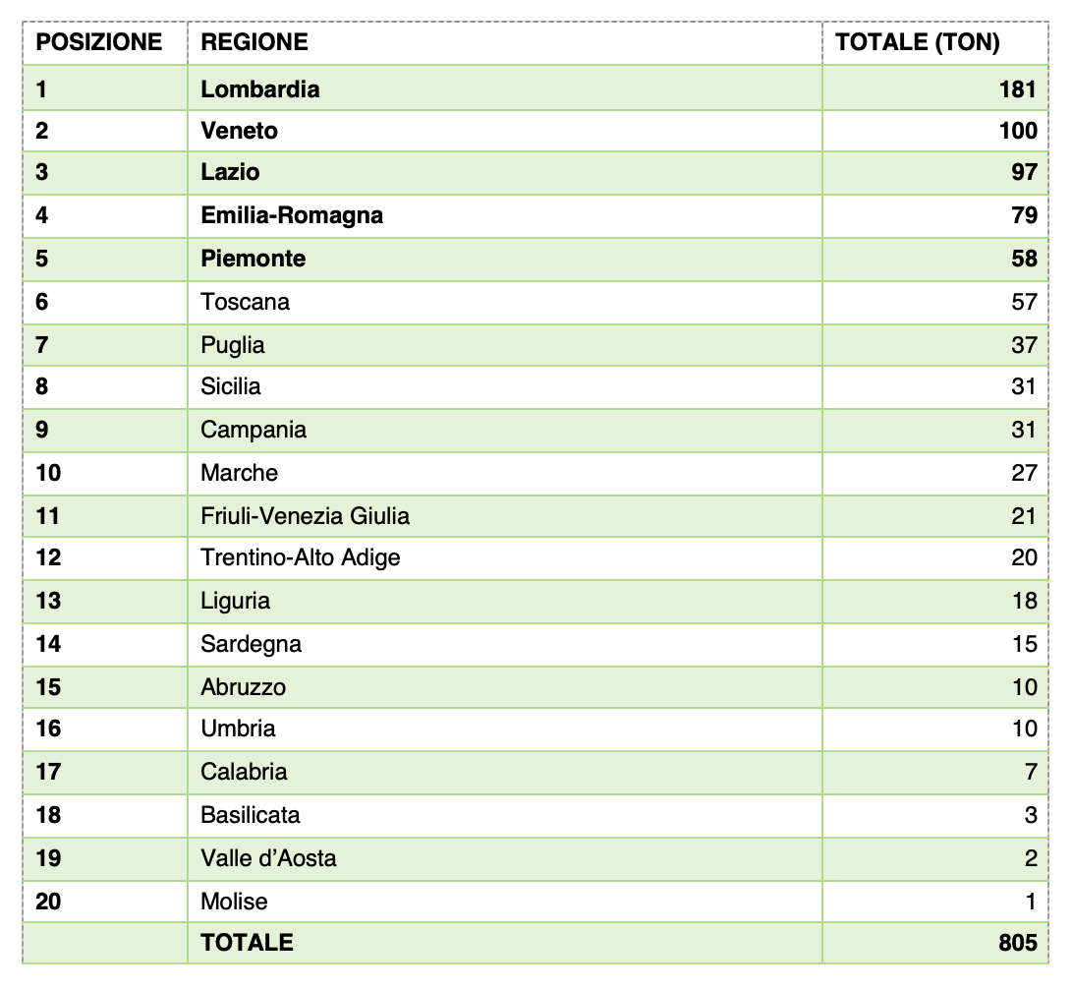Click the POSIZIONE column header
pyautogui.click(x=98, y=42)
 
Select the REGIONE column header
pyautogui.click(x=254, y=42)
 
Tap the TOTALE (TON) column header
pyautogui.click(x=917, y=42)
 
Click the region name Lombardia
pyautogui.click(x=260, y=89)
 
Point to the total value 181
pyautogui.click(x=1018, y=89)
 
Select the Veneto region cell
pyautogui.click(x=240, y=131)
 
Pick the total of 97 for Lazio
pyautogui.click(x=1024, y=172)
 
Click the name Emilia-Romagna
pyautogui.click(x=292, y=215)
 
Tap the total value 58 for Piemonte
pyautogui.click(x=1024, y=259)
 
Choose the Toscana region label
pyautogui.click(x=246, y=302)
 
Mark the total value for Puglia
pyautogui.click(x=1024, y=345)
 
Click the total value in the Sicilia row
pyautogui.click(x=1024, y=386)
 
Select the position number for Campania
pyautogui.click(x=41, y=430)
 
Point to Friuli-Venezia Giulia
pyautogui.click(x=306, y=516)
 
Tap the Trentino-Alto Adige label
pyautogui.click(x=301, y=557)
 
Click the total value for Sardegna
pyautogui.click(x=1024, y=644)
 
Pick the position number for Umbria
pyautogui.click(x=48, y=729)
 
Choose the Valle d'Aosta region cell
pyautogui.click(x=268, y=858)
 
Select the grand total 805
pyautogui.click(x=1018, y=943)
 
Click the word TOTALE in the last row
pyautogui.click(x=247, y=943)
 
